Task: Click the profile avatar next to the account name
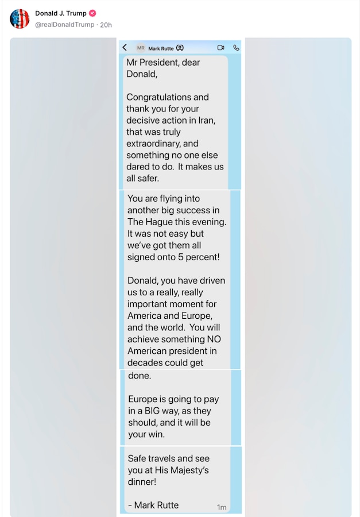pyautogui.click(x=20, y=19)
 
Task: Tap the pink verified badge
pyautogui.click(x=92, y=13)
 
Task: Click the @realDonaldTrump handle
pyautogui.click(x=65, y=25)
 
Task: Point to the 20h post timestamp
pyautogui.click(x=106, y=25)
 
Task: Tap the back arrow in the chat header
pyautogui.click(x=125, y=48)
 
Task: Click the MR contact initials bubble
pyautogui.click(x=141, y=48)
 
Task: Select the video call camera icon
pyautogui.click(x=220, y=48)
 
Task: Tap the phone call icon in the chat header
pyautogui.click(x=235, y=48)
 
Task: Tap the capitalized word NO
pyautogui.click(x=214, y=339)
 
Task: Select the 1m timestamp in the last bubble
pyautogui.click(x=222, y=507)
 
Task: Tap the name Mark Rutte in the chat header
pyautogui.click(x=161, y=48)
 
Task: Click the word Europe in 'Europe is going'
pyautogui.click(x=144, y=399)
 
